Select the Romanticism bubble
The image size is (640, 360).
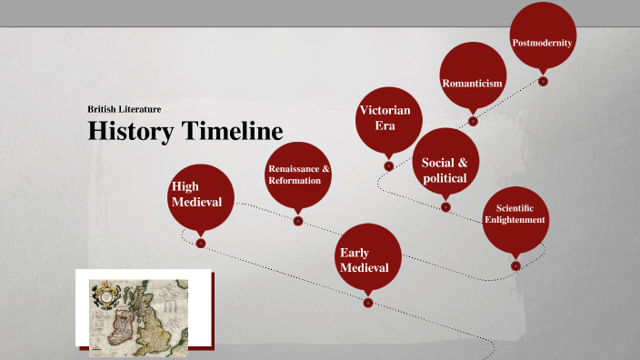pos(472,79)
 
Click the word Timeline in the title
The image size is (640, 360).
pos(231,131)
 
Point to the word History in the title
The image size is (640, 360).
pos(131,131)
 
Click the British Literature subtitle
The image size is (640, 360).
pos(125,109)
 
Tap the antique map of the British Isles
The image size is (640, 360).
pos(144,310)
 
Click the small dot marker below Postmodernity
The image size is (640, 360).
pos(543,81)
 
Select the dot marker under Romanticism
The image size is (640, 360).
pos(473,120)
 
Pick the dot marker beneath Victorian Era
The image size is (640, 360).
pos(388,165)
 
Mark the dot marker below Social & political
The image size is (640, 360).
pos(445,206)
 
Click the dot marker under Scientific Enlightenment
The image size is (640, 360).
pos(515,265)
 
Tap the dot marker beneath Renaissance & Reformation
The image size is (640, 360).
pos(298,221)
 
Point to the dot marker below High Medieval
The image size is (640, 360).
pos(201,244)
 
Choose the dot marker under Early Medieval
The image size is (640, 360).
pos(367,303)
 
